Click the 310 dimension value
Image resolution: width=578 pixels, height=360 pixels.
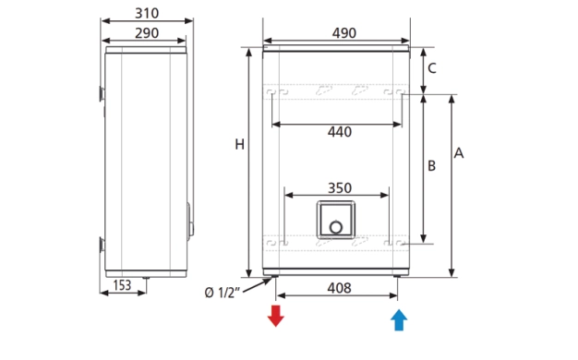pyautogui.click(x=147, y=13)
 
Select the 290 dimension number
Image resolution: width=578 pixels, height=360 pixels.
pyautogui.click(x=147, y=33)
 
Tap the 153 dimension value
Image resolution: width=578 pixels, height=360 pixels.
pyautogui.click(x=122, y=285)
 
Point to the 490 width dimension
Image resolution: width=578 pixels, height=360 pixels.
pyautogui.click(x=343, y=33)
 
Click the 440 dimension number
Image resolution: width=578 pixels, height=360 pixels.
pyautogui.click(x=340, y=132)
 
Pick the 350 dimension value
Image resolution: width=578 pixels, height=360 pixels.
pyautogui.click(x=340, y=188)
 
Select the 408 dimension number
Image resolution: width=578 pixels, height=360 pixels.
pyautogui.click(x=339, y=288)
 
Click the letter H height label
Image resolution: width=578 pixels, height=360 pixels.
pyautogui.click(x=240, y=144)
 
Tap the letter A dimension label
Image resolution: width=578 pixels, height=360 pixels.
pyautogui.click(x=459, y=153)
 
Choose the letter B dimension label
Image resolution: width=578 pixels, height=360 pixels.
pyautogui.click(x=432, y=166)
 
